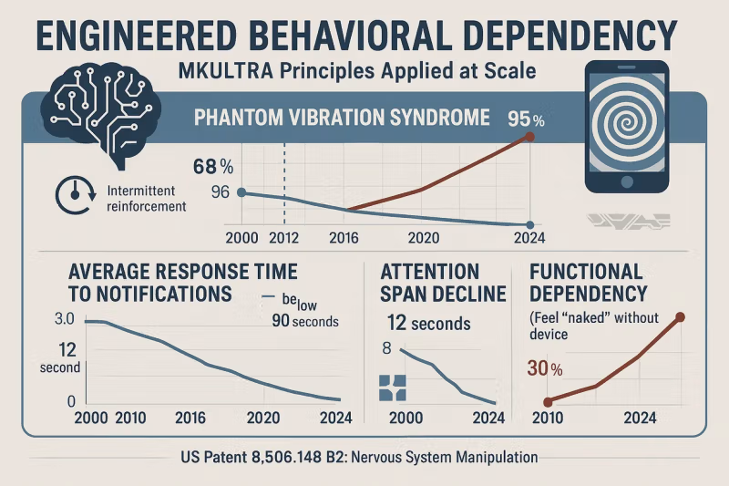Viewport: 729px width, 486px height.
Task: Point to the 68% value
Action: tap(213, 167)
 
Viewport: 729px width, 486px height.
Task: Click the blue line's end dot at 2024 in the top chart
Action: tap(529, 224)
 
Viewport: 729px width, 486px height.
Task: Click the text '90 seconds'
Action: tap(304, 320)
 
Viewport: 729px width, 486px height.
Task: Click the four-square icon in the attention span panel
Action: tap(390, 388)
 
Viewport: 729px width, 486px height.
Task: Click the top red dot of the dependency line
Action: tap(680, 316)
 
